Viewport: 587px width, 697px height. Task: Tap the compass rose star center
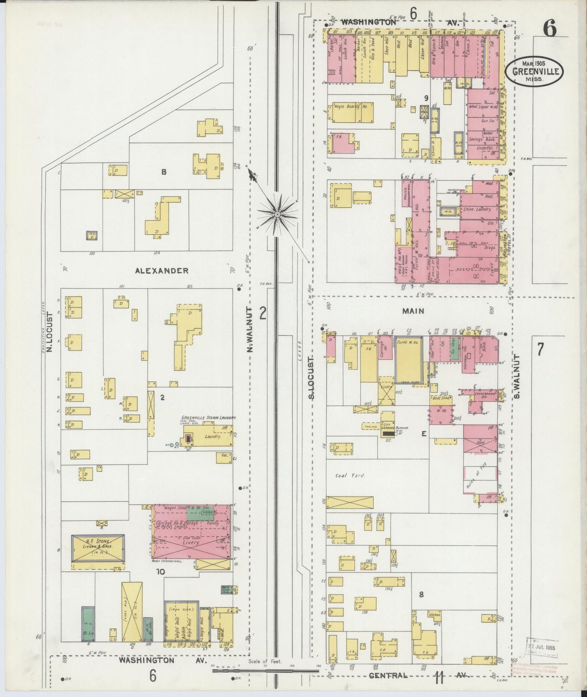(277, 213)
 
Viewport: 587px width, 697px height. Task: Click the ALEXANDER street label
(162, 270)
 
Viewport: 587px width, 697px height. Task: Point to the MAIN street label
(413, 311)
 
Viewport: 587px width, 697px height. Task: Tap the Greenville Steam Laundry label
(209, 418)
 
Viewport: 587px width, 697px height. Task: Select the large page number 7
(540, 350)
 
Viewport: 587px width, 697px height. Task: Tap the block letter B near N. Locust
(163, 172)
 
